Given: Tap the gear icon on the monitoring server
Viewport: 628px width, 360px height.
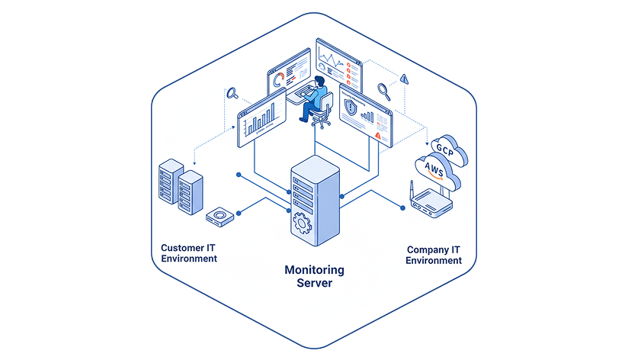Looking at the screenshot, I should click(x=301, y=224).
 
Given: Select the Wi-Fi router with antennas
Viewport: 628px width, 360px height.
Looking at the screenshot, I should click(x=429, y=202).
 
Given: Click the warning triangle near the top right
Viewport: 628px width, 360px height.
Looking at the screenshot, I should click(x=404, y=77).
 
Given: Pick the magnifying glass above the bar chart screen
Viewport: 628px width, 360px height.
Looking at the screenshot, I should click(x=232, y=95).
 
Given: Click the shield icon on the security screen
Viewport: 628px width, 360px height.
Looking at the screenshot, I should click(x=351, y=108).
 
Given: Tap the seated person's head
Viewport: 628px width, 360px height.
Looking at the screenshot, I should click(x=320, y=81).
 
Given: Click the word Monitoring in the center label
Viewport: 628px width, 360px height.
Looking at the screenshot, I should click(x=314, y=270).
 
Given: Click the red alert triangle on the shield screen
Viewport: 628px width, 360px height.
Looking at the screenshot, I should click(x=378, y=134).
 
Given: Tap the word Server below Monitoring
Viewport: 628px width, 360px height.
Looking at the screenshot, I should click(x=314, y=283).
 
